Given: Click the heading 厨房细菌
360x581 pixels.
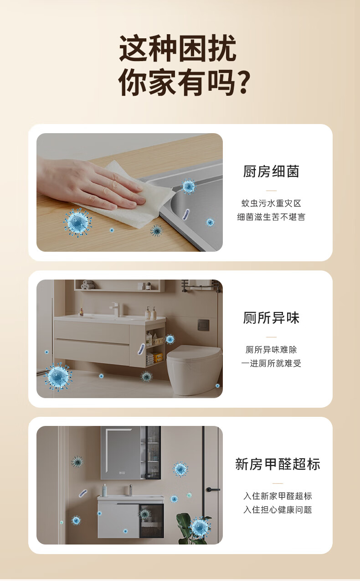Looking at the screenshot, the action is pyautogui.click(x=271, y=171).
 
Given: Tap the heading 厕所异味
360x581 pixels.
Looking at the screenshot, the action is pyautogui.click(x=271, y=318).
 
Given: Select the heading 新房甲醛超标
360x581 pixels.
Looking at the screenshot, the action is pyautogui.click(x=278, y=464).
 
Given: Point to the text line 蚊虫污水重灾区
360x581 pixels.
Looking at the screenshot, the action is pyautogui.click(x=271, y=203).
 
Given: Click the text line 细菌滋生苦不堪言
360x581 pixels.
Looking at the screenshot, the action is pyautogui.click(x=271, y=217).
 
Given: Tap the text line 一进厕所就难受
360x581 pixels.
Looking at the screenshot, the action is pyautogui.click(x=271, y=363).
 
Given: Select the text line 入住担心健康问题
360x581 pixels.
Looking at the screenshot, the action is pyautogui.click(x=278, y=509).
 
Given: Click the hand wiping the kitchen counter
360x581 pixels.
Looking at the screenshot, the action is pyautogui.click(x=91, y=184).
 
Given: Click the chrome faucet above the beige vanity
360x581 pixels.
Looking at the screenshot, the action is pyautogui.click(x=116, y=309).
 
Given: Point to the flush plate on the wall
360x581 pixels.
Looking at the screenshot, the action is pyautogui.click(x=203, y=325).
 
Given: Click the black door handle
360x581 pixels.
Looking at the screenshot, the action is pyautogui.click(x=213, y=489).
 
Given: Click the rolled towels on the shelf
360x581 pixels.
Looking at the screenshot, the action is pyautogui.click(x=87, y=284).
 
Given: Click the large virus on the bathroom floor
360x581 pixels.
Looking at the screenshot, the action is pyautogui.click(x=58, y=376).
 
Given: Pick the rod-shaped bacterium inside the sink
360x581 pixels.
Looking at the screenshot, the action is pyautogui.click(x=186, y=214).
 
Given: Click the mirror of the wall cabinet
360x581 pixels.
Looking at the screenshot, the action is pyautogui.click(x=121, y=452).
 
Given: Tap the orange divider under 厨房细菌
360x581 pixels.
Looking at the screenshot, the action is pyautogui.click(x=271, y=191).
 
